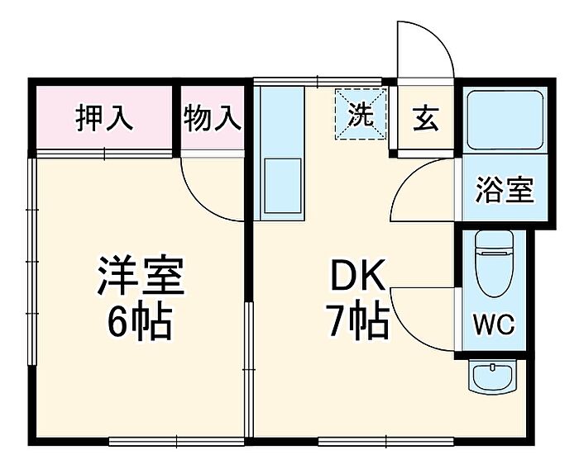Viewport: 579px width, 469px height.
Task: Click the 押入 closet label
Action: coord(104,118)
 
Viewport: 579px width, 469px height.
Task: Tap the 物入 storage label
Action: coord(213,118)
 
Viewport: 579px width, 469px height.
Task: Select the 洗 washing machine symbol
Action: coord(361,114)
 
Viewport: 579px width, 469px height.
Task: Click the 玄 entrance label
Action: coord(425,118)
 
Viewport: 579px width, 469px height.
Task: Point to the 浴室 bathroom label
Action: coord(505,190)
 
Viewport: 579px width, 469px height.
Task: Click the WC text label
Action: coord(494,325)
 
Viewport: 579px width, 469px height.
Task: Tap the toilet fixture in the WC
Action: coord(495,263)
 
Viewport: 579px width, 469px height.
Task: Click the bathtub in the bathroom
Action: coord(505,120)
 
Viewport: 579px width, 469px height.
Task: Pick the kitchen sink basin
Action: coord(283,186)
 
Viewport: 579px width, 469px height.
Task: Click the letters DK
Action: coord(357,275)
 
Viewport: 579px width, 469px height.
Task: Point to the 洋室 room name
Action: coord(141,275)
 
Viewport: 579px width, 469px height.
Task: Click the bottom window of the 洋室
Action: coord(177,441)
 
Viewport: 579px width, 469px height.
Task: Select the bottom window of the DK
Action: coord(386,441)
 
